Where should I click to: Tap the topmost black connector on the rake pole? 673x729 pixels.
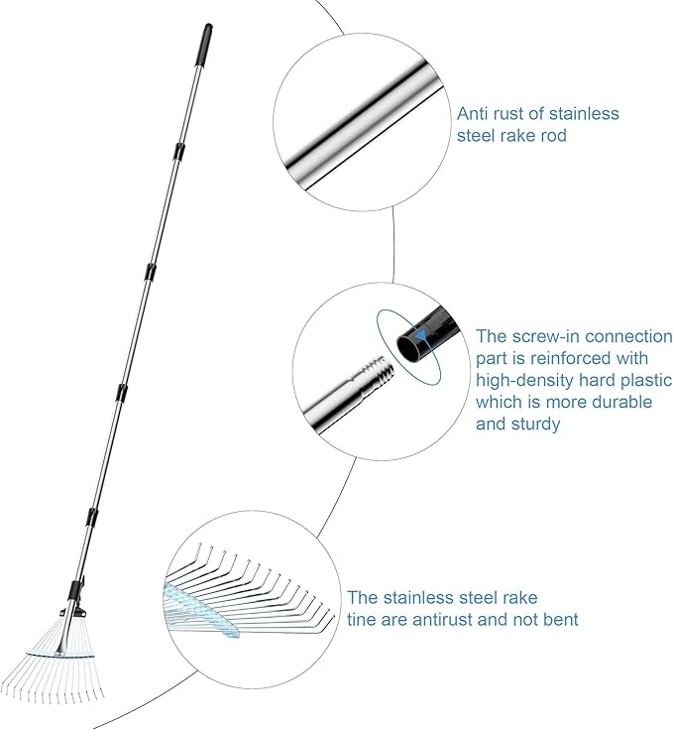(x=177, y=151)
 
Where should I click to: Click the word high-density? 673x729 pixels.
(x=523, y=381)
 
